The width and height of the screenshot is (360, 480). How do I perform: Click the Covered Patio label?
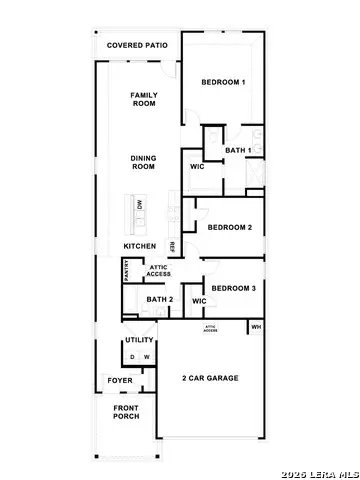click(x=137, y=46)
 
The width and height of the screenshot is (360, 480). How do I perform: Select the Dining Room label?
click(x=145, y=162)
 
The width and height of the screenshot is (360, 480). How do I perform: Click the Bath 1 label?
click(x=237, y=150)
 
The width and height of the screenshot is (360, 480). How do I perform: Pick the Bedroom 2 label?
click(x=229, y=227)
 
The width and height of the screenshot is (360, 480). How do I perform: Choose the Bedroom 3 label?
click(x=233, y=287)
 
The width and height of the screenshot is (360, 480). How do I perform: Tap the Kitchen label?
click(x=140, y=246)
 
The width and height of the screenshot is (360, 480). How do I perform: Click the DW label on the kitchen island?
click(x=140, y=205)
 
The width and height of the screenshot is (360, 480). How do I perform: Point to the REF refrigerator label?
click(x=172, y=246)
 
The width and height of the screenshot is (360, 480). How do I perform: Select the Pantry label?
click(x=126, y=270)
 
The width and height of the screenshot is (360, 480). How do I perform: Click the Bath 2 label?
click(x=159, y=300)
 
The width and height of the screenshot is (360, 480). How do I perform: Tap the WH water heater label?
click(x=256, y=326)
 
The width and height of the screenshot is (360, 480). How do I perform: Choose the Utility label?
click(x=139, y=341)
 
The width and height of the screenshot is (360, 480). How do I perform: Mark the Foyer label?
click(x=120, y=381)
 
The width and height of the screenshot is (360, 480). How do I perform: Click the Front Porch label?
click(x=125, y=412)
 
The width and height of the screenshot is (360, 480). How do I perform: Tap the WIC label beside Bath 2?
click(x=198, y=301)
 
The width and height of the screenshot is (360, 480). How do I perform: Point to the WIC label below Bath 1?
click(x=197, y=168)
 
